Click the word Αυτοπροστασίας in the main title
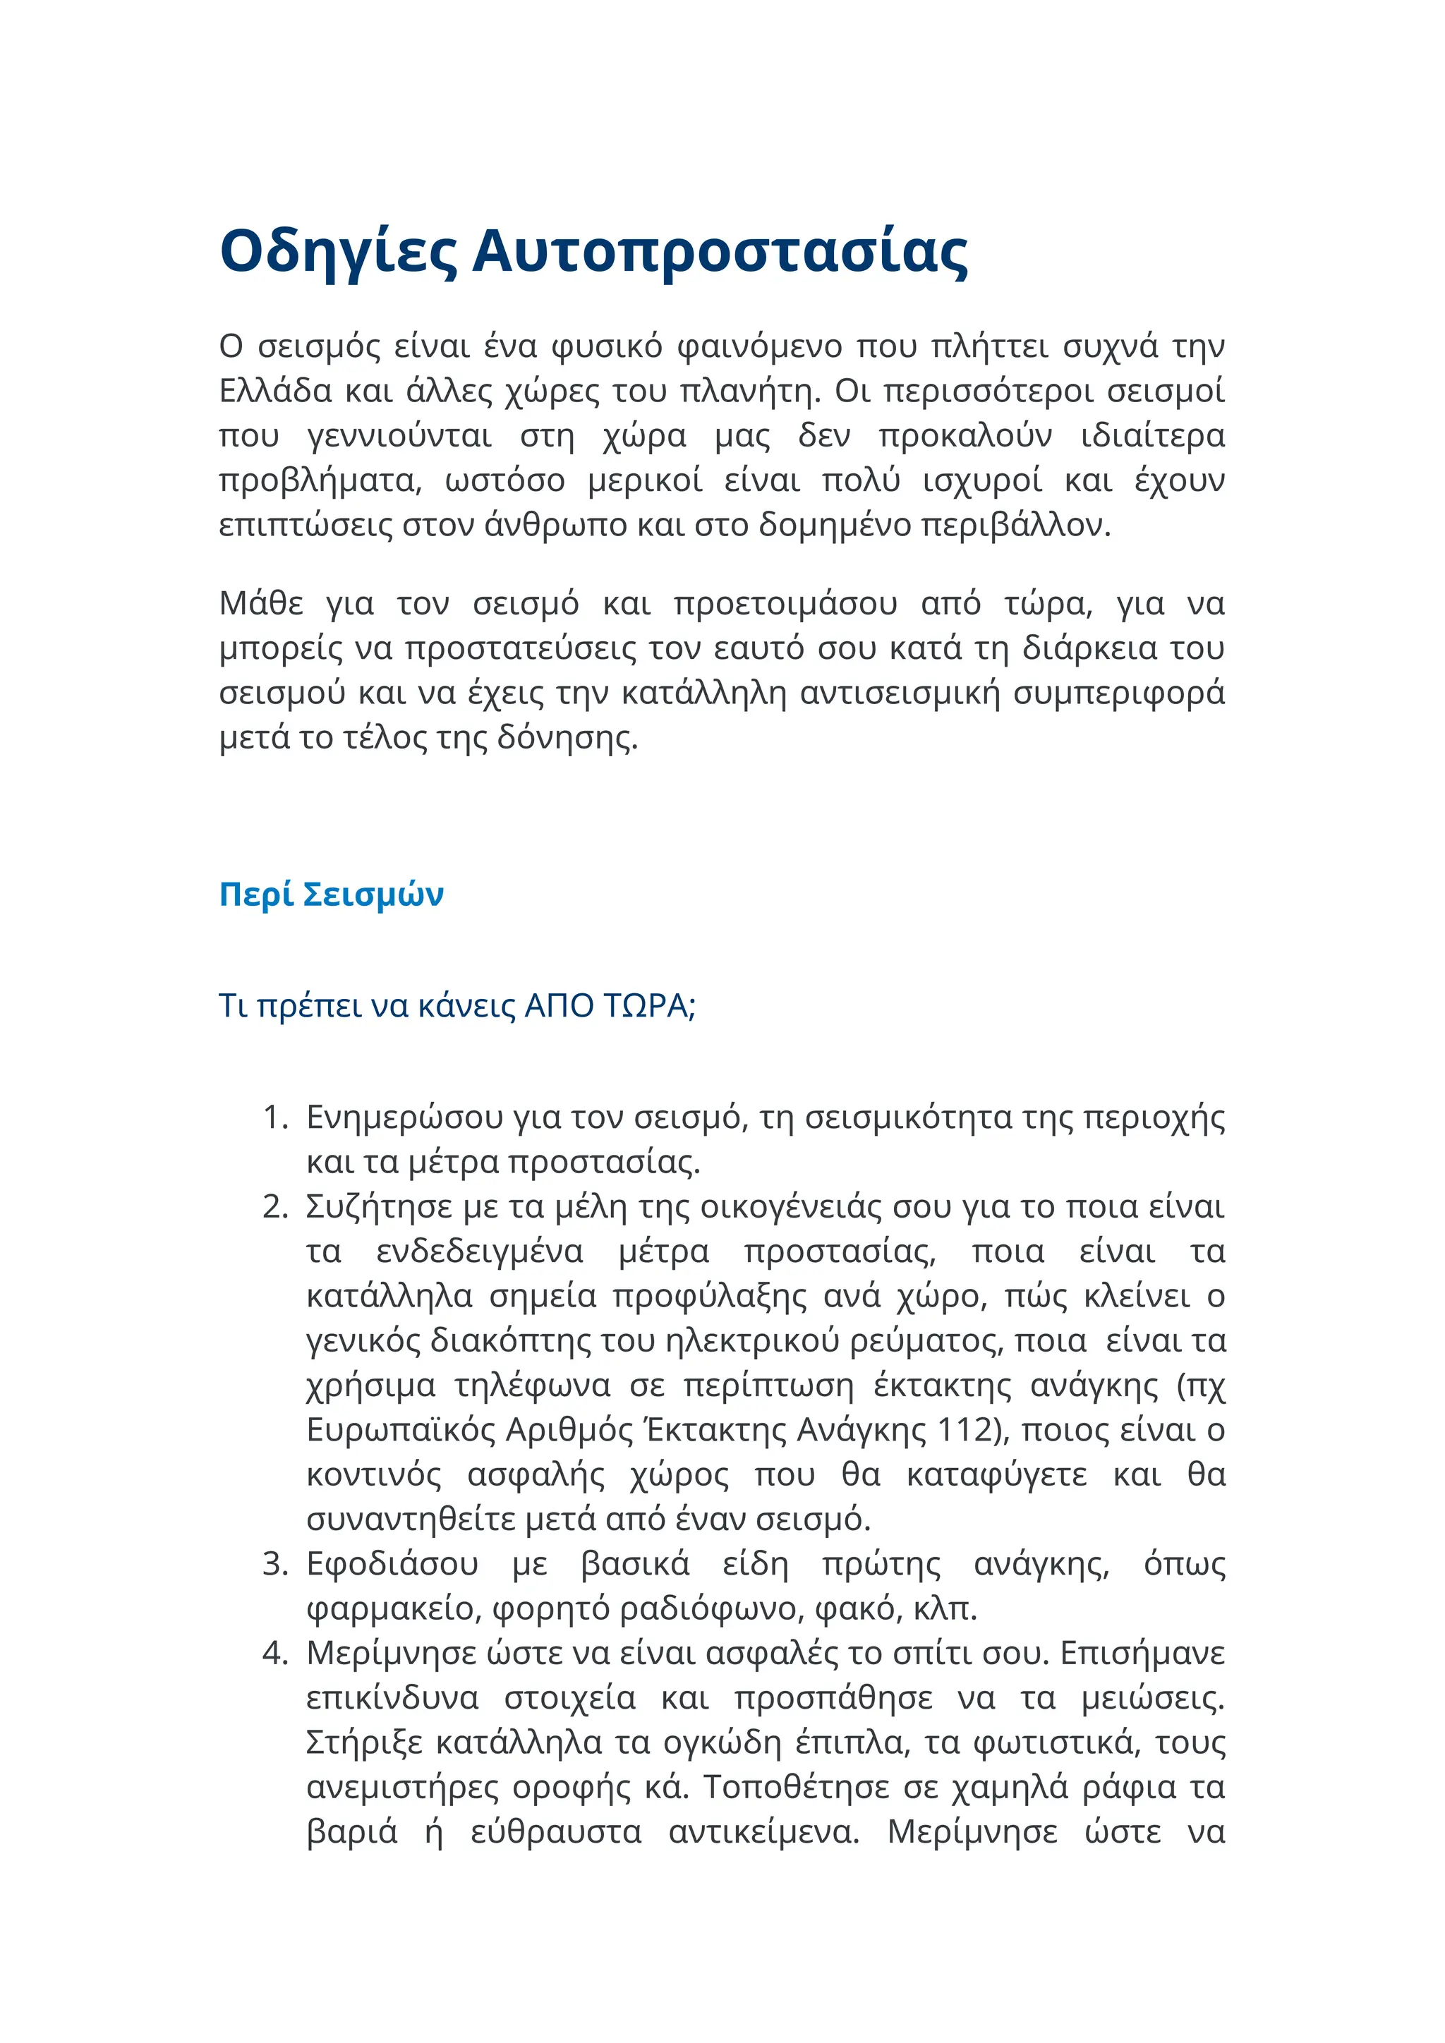[x=720, y=252]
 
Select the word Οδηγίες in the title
[x=338, y=252]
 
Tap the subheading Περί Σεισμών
[x=331, y=895]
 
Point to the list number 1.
[x=274, y=1117]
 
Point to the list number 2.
[x=274, y=1206]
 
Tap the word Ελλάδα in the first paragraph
[x=276, y=391]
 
